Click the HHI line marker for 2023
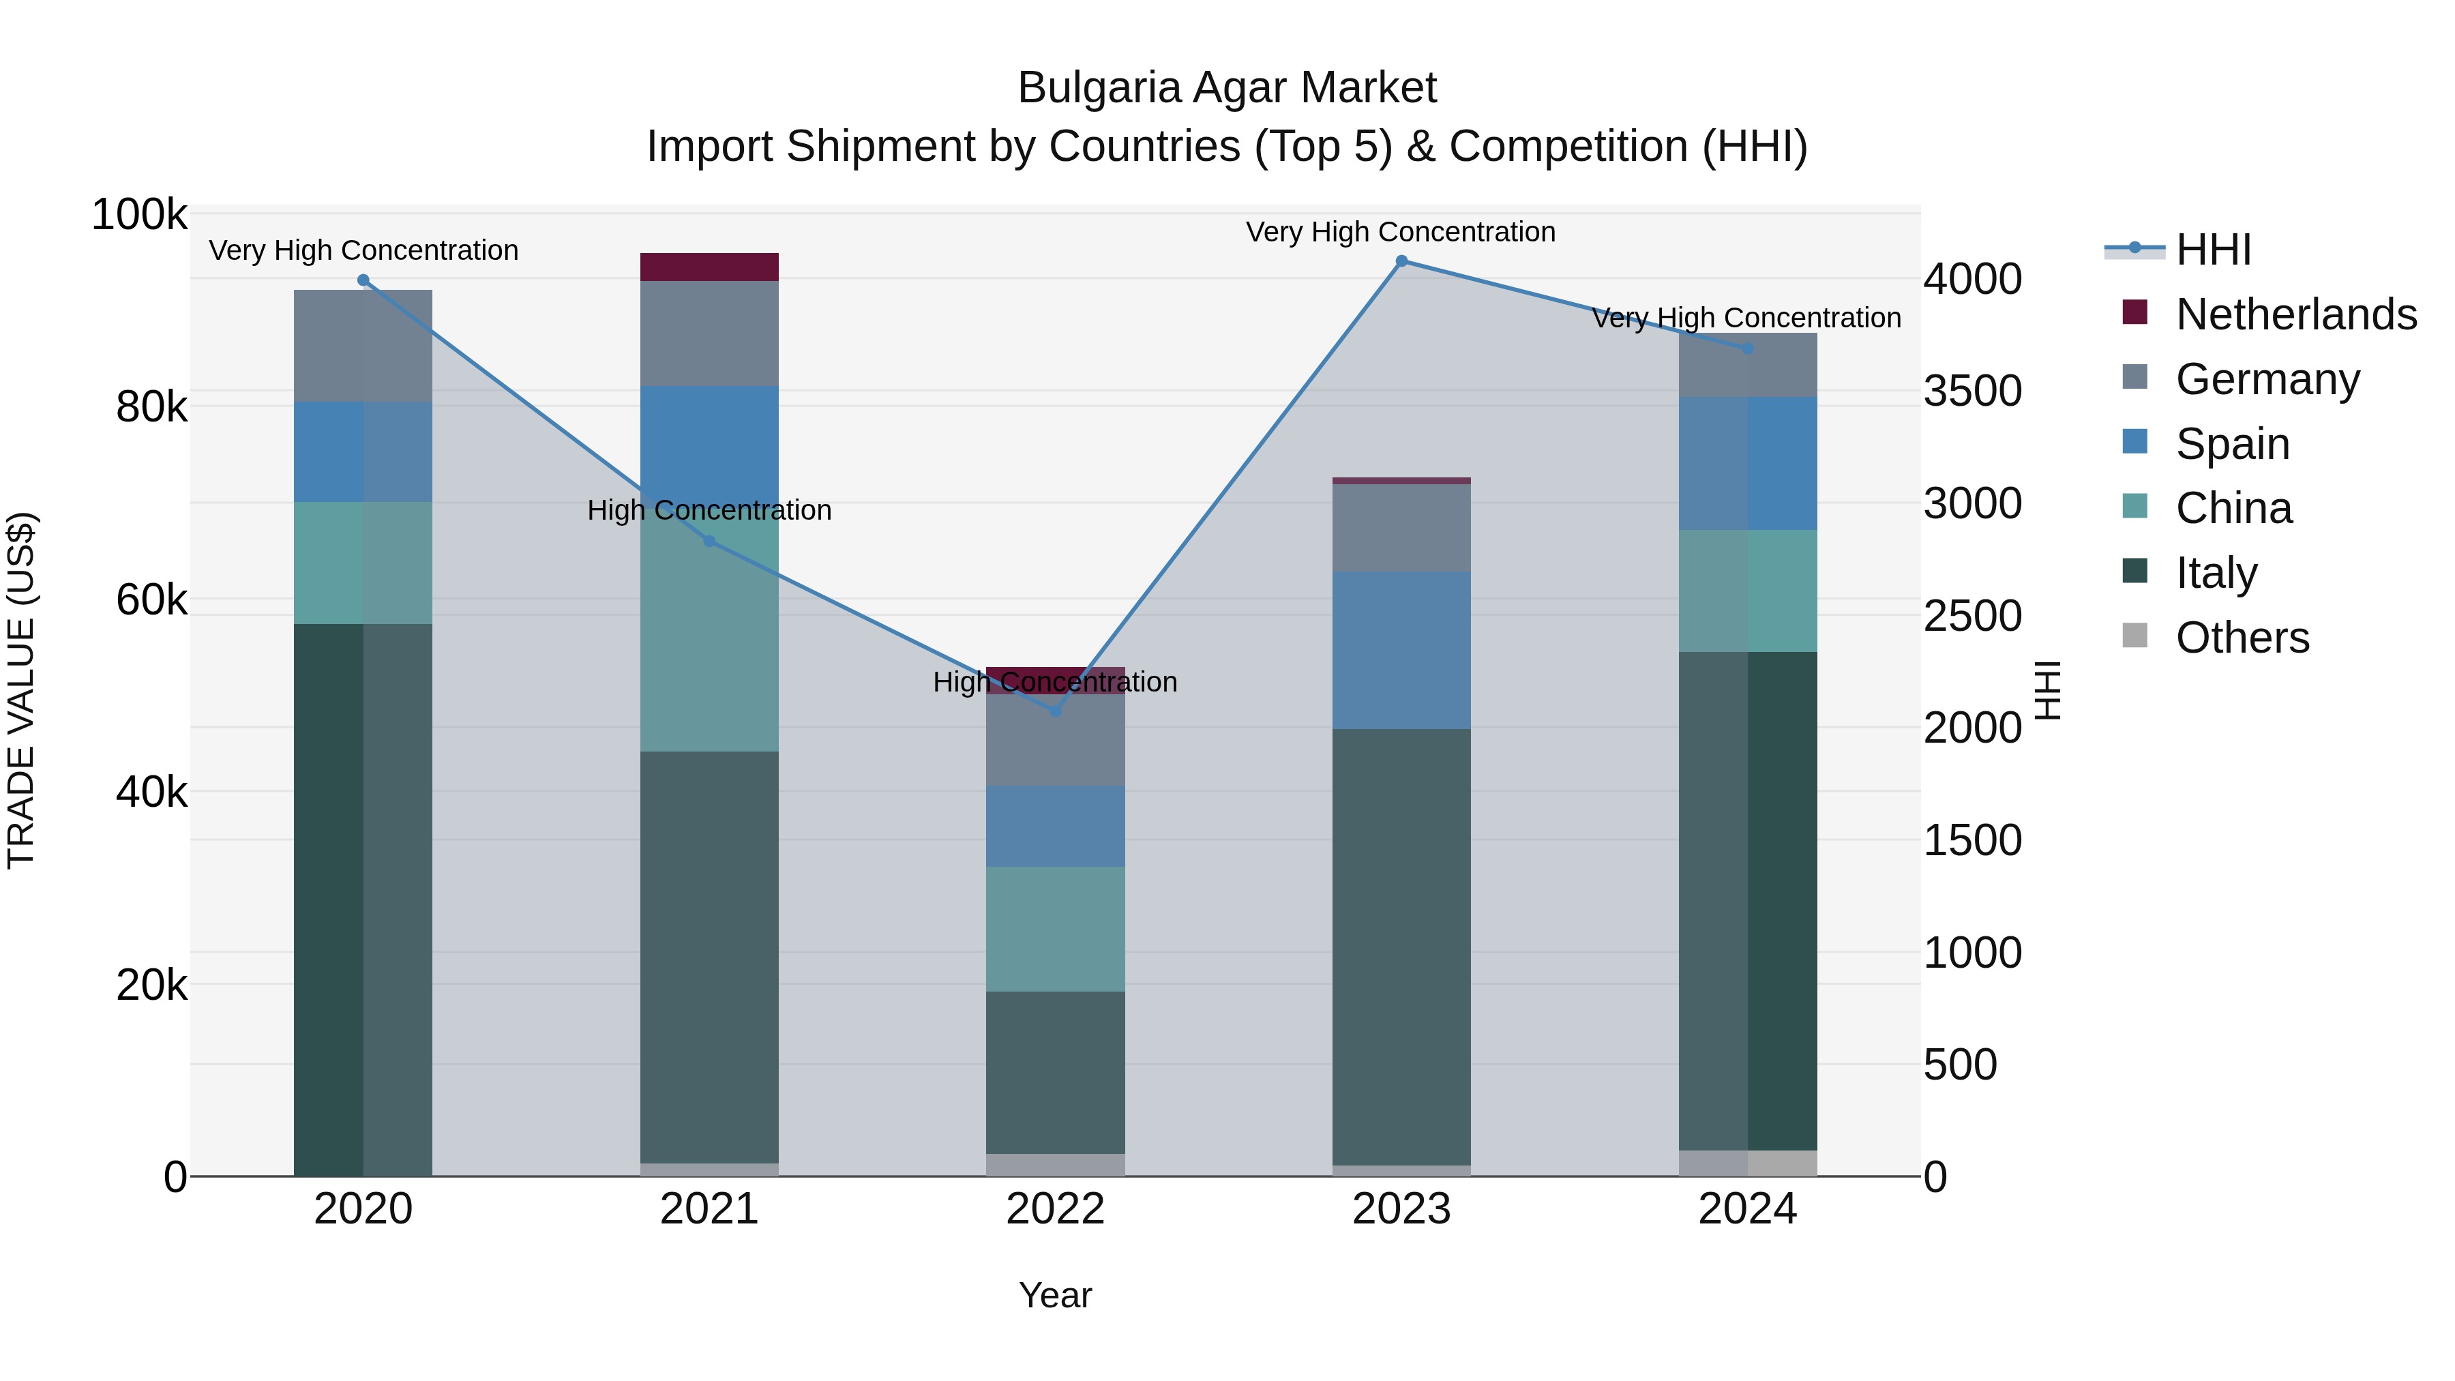[1401, 261]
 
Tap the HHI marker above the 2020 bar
[363, 280]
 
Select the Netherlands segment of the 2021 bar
[709, 267]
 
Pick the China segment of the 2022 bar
[1055, 930]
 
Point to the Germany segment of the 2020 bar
[363, 345]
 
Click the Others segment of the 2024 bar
[1748, 1163]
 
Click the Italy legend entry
[2216, 573]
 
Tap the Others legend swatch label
[2242, 638]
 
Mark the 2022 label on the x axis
[1055, 1209]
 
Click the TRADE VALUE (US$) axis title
[21, 690]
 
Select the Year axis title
[1055, 1295]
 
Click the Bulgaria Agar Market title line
[1227, 88]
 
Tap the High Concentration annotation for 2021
[709, 510]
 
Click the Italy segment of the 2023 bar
[1401, 947]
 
